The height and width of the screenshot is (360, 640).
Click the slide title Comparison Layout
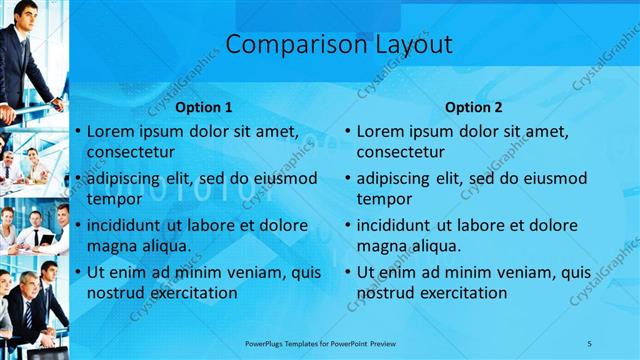click(x=338, y=45)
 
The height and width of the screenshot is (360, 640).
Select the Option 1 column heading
click(x=203, y=107)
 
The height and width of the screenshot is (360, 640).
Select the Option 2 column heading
click(x=473, y=107)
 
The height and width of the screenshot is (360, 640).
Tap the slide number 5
click(x=589, y=343)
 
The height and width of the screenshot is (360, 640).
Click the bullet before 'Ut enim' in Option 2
click(x=348, y=272)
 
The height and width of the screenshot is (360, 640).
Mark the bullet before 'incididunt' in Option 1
click(x=78, y=225)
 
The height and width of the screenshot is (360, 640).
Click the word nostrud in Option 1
click(x=116, y=293)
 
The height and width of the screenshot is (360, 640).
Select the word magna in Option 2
click(x=383, y=246)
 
